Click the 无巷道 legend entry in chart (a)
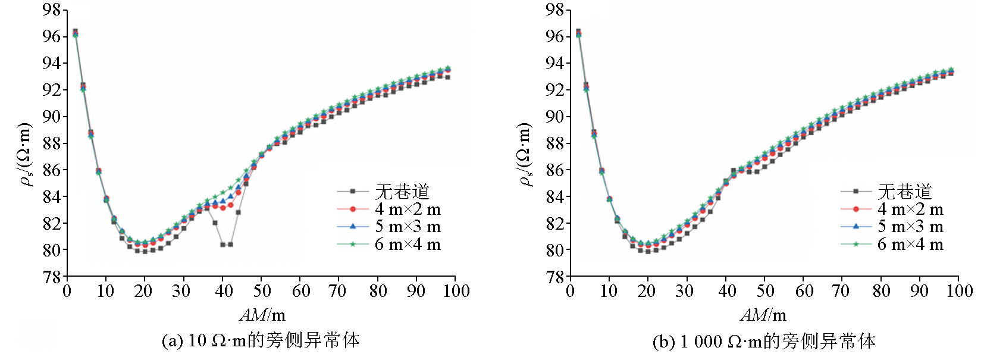click(x=402, y=192)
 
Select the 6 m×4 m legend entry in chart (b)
click(x=910, y=245)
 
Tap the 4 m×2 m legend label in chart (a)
click(x=408, y=209)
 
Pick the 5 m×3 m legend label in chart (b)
click(x=910, y=227)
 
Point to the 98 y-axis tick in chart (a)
click(x=51, y=10)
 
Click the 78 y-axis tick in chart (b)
click(x=554, y=277)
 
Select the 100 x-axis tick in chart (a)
click(x=456, y=291)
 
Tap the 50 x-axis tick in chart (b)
click(x=765, y=291)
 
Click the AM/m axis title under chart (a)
click(x=262, y=315)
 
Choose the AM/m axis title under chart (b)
click(x=763, y=315)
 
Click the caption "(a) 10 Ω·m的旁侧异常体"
click(x=261, y=340)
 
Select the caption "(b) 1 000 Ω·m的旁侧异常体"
click(x=764, y=341)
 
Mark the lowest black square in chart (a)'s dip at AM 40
click(x=223, y=245)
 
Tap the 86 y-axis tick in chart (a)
click(x=51, y=170)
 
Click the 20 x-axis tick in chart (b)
click(x=647, y=291)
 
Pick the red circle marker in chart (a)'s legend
click(x=352, y=209)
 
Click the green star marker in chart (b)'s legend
click(x=855, y=245)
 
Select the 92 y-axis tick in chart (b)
click(x=554, y=90)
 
